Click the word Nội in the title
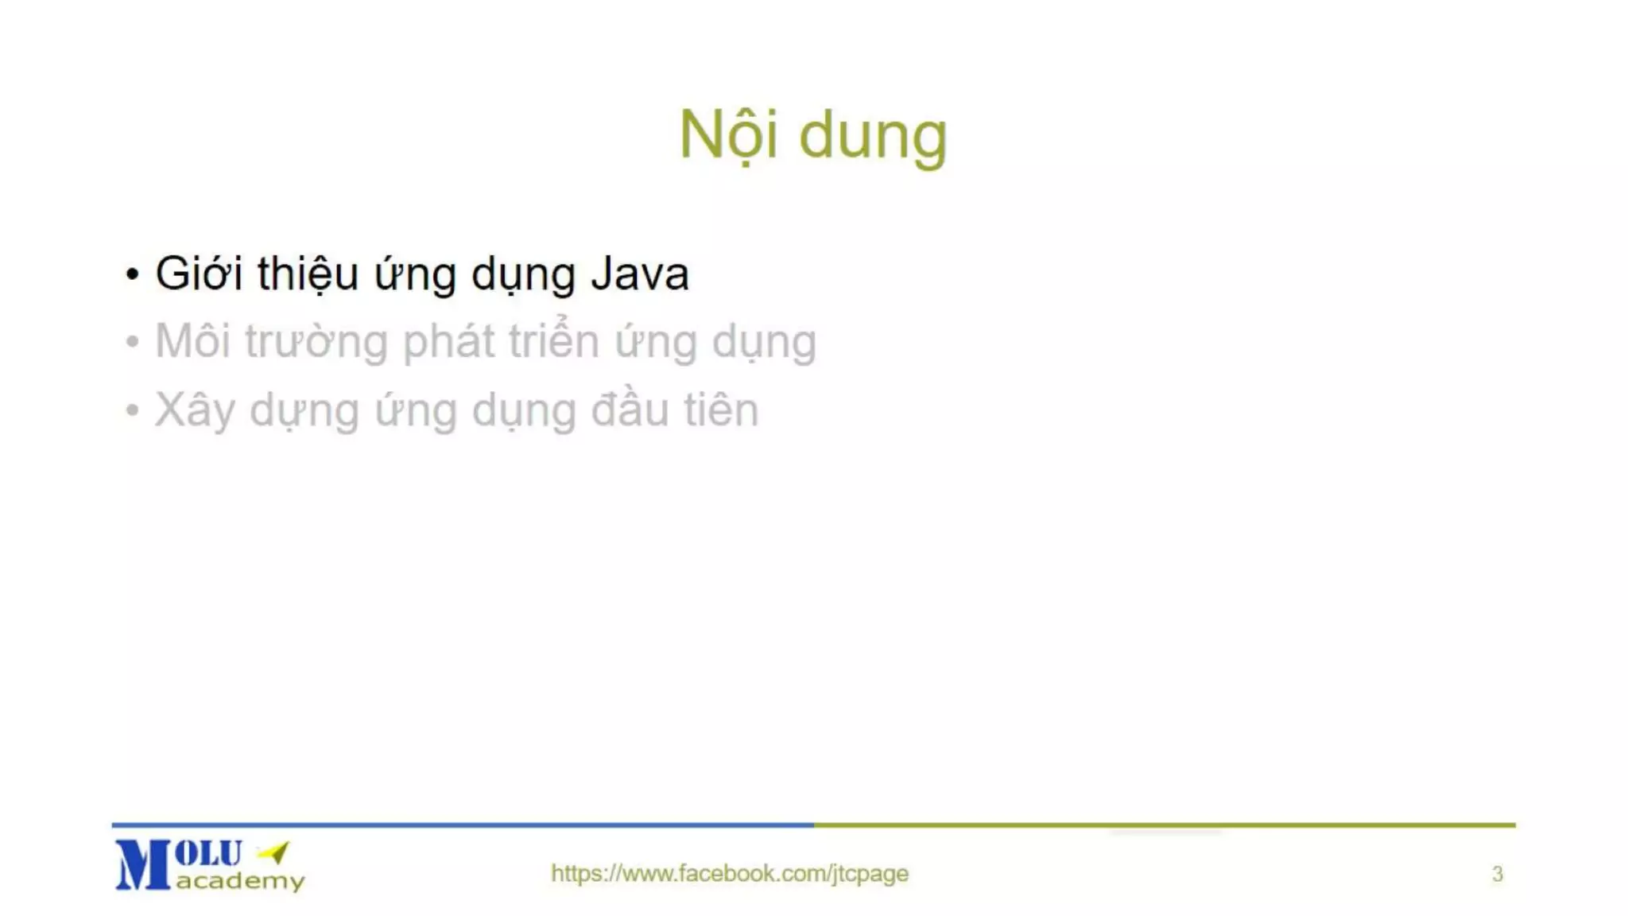coord(727,135)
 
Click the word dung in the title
coord(872,137)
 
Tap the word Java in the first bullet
coord(639,274)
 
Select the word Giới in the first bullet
coord(198,274)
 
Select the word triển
coord(553,342)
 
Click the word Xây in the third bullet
coord(193,411)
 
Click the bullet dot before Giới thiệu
coord(132,275)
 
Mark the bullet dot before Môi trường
coord(132,343)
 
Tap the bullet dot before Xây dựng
coord(132,411)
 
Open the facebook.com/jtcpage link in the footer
coord(729,873)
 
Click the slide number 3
coord(1498,875)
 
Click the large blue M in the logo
coord(142,865)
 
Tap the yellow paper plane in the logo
coord(275,852)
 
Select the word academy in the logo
coord(240,881)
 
